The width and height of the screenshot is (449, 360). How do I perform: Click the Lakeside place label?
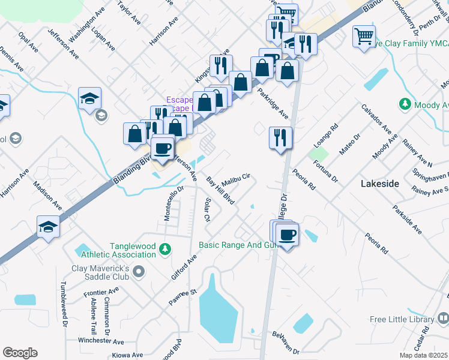tap(379, 184)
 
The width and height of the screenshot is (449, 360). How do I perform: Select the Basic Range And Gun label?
tap(238, 245)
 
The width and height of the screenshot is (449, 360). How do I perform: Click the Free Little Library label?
tap(402, 319)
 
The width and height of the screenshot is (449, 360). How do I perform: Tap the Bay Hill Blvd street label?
tap(220, 191)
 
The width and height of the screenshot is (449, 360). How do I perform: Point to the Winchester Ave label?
tap(103, 340)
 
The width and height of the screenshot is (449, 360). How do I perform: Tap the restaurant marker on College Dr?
tap(280, 138)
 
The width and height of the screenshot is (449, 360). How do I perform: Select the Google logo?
tap(20, 353)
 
